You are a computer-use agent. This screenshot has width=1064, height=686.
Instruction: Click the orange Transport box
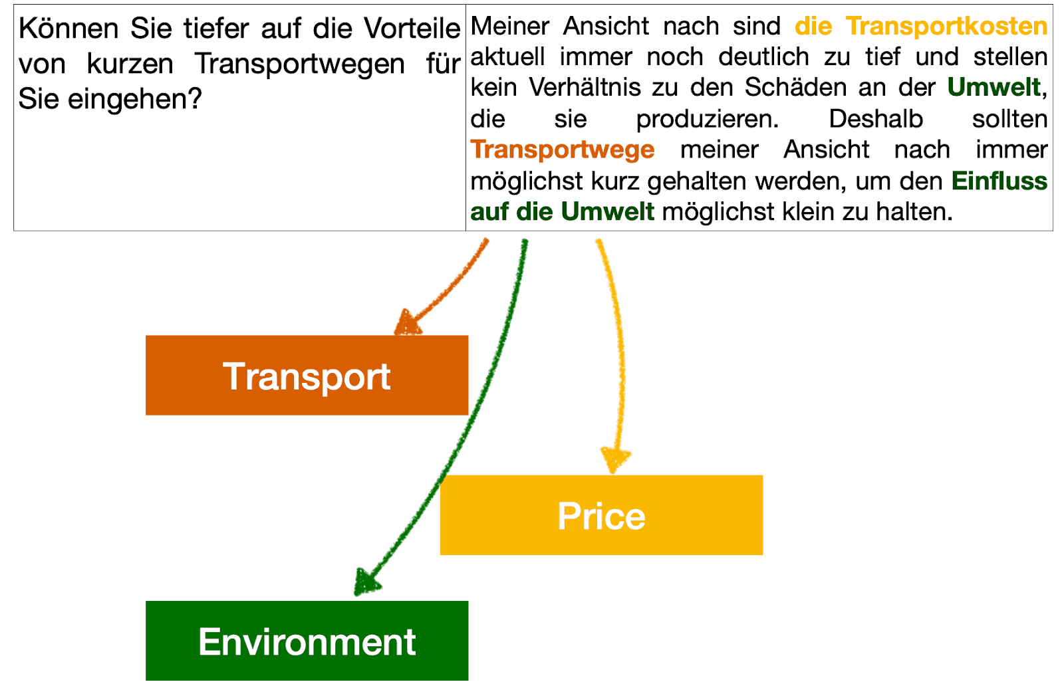pyautogui.click(x=307, y=376)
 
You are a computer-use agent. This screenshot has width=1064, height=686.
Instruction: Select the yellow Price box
pyautogui.click(x=601, y=515)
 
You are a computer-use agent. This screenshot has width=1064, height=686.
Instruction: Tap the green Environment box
pyautogui.click(x=307, y=641)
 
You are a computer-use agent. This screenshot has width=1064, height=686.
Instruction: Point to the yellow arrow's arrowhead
pyautogui.click(x=615, y=460)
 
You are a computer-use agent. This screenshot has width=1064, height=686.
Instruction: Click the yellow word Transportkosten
pyautogui.click(x=946, y=27)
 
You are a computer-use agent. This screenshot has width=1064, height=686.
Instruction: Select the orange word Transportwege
pyautogui.click(x=562, y=150)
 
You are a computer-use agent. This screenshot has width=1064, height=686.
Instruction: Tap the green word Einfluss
pyautogui.click(x=999, y=181)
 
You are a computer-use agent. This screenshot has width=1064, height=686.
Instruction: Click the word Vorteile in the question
pyautogui.click(x=412, y=29)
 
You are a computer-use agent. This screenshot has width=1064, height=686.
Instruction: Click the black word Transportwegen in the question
pyautogui.click(x=299, y=64)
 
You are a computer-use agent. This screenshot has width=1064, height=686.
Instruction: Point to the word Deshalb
pyautogui.click(x=875, y=119)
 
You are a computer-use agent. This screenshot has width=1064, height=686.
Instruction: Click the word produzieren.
pyautogui.click(x=707, y=119)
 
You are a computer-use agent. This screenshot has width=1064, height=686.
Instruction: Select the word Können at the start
pyautogui.click(x=68, y=29)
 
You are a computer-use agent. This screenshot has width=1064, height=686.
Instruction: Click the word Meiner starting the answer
pyautogui.click(x=509, y=27)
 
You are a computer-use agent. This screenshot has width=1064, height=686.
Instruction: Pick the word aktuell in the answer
pyautogui.click(x=507, y=57)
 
